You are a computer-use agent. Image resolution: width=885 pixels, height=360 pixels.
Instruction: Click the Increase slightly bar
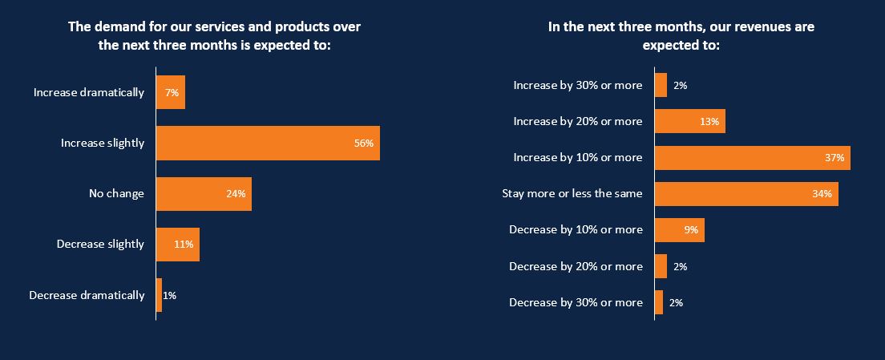[x=268, y=144]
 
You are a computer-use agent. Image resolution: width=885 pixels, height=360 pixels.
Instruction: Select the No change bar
[x=204, y=194]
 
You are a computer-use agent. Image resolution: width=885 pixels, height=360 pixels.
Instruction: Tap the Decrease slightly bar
[x=178, y=245]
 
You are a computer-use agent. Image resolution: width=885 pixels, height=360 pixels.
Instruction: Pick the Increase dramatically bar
[x=171, y=92]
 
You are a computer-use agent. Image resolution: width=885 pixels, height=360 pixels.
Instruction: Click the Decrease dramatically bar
[x=160, y=295]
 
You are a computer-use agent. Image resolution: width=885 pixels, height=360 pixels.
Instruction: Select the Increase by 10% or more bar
[x=753, y=158]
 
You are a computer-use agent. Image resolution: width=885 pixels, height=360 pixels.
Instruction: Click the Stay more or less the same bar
[x=747, y=194]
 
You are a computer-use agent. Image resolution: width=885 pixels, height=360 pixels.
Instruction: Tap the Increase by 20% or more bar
[x=690, y=121]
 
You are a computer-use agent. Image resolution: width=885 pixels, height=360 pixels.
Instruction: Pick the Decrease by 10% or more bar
[x=680, y=230]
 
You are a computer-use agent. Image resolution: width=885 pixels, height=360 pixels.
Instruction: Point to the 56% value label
[x=363, y=144]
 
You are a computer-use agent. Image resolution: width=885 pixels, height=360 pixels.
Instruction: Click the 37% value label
[x=834, y=158]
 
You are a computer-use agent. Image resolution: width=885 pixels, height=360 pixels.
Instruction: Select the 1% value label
[x=169, y=295]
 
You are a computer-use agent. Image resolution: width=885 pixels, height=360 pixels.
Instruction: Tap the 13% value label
[x=709, y=122]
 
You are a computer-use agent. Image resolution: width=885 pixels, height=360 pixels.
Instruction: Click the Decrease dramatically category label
[x=87, y=295]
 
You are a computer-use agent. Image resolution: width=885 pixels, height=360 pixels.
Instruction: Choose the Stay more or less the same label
[x=572, y=194]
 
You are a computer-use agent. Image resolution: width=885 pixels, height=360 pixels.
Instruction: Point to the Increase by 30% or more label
[x=578, y=86]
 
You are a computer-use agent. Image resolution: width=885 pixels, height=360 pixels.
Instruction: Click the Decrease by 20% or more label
[x=576, y=266]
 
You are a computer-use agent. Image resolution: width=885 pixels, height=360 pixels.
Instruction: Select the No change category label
[x=116, y=194]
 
